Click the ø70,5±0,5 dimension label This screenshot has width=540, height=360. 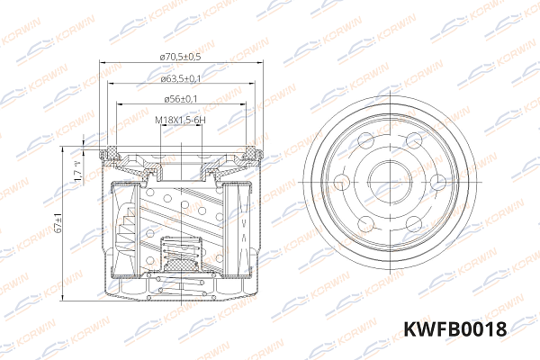tap(180, 57)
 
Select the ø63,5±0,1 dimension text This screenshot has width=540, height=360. tap(180, 79)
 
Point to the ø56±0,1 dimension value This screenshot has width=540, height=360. tap(180, 99)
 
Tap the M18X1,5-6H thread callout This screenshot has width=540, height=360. tap(180, 120)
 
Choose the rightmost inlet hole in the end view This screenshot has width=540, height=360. tap(436, 182)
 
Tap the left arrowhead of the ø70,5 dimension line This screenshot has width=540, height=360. tap(102, 65)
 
